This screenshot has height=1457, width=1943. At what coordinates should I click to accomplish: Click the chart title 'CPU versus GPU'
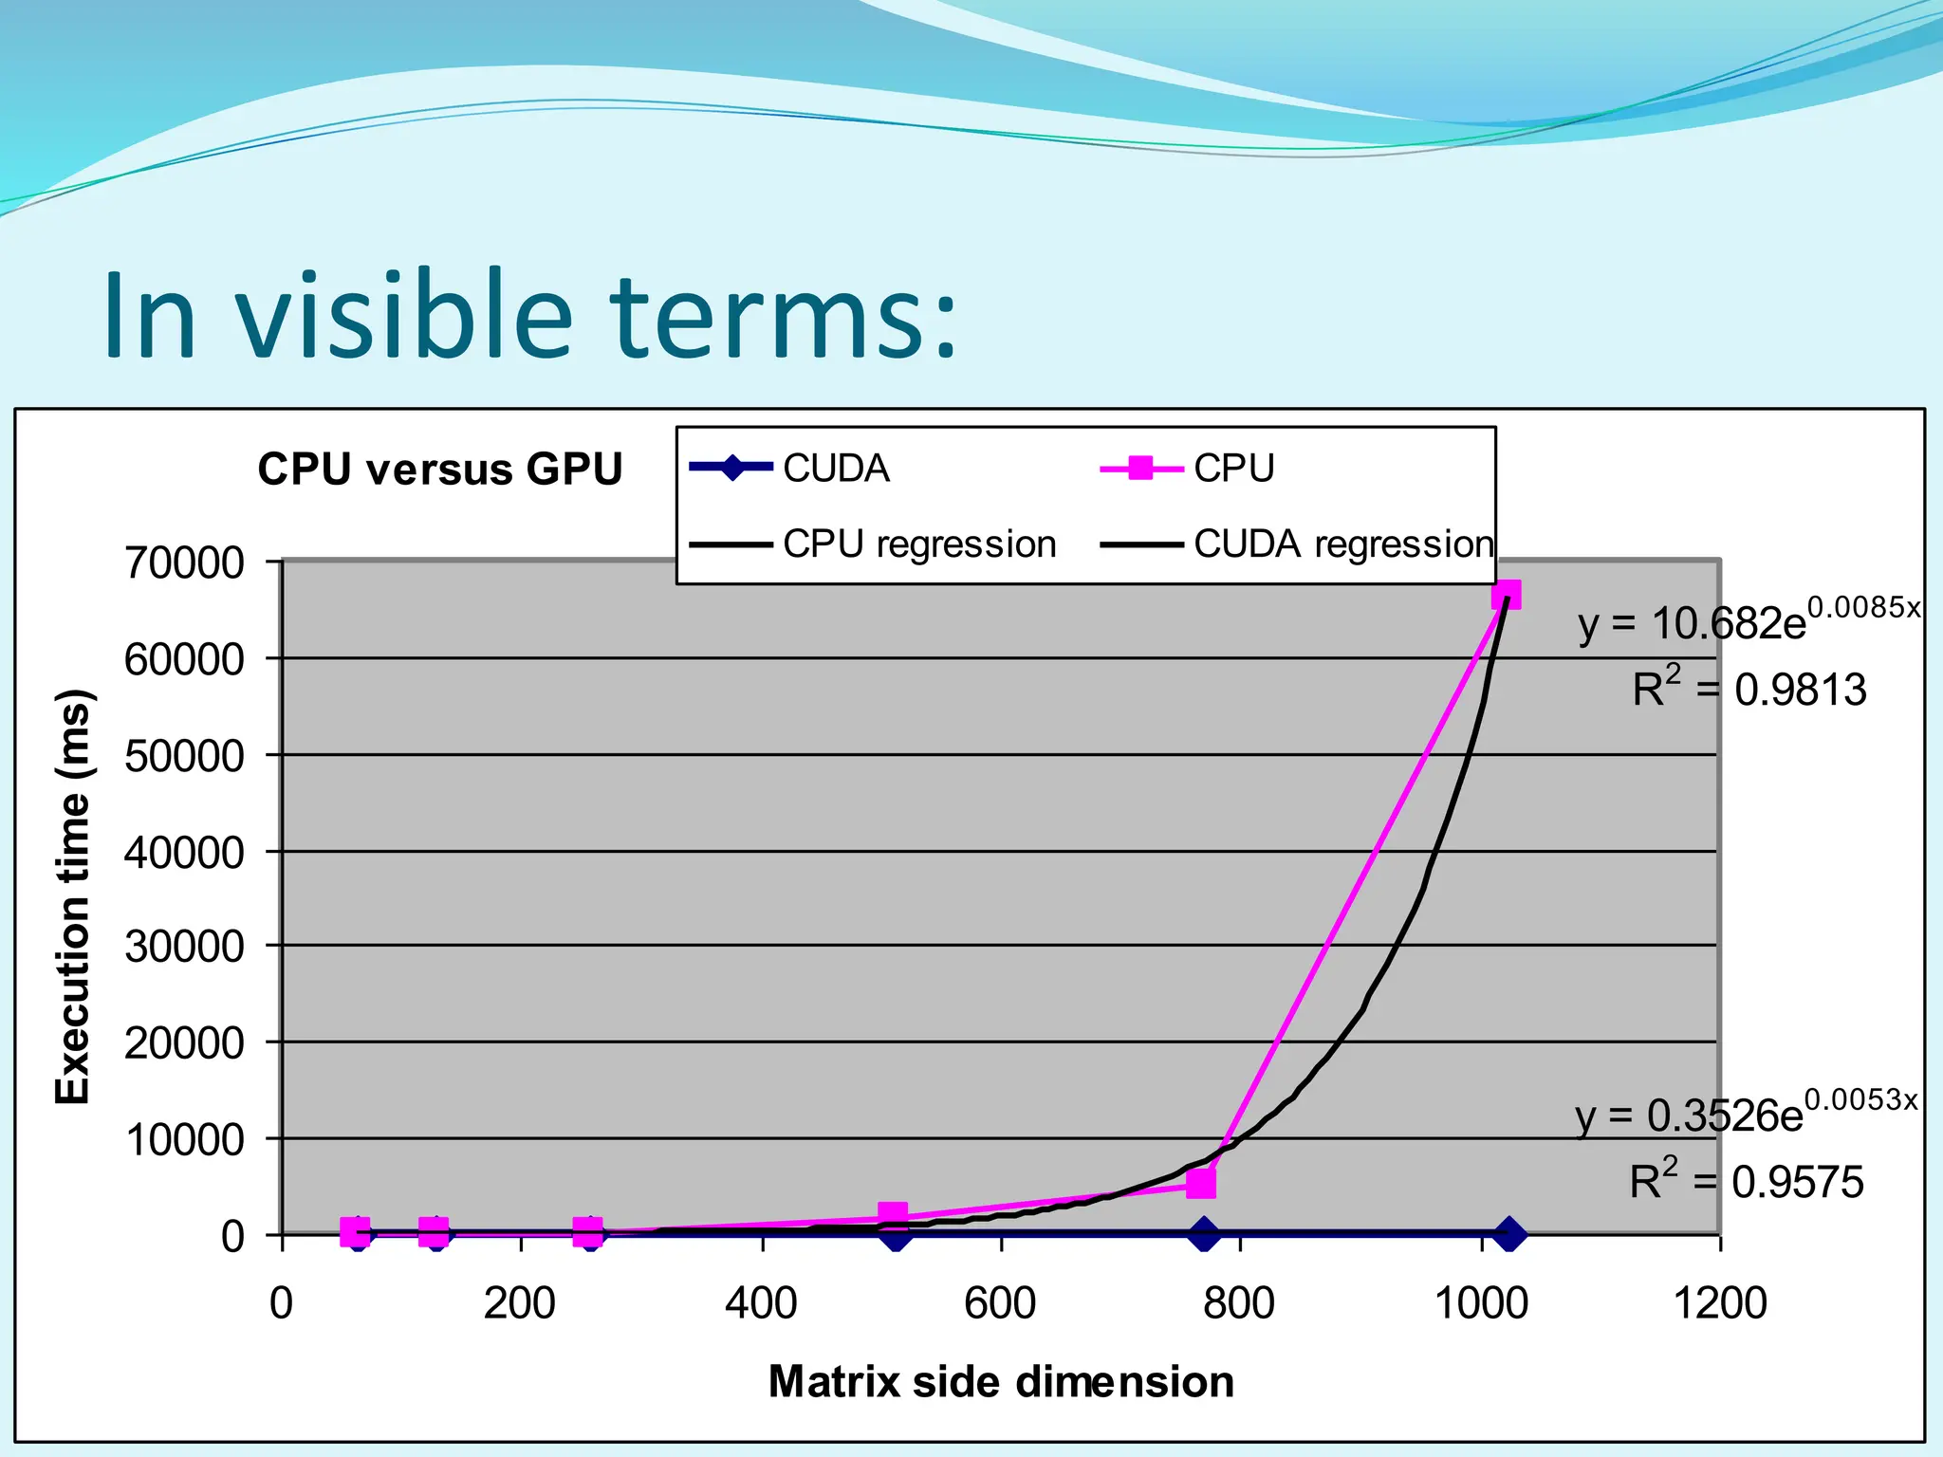(x=439, y=470)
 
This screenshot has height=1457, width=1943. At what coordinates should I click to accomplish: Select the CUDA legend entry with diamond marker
(x=790, y=468)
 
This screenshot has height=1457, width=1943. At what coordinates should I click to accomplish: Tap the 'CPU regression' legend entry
(x=874, y=544)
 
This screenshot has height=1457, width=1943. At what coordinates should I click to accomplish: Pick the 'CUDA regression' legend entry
(x=1296, y=544)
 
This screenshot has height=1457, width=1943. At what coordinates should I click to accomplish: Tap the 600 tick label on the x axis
(x=1000, y=1303)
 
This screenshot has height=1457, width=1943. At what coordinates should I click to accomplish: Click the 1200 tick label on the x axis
(x=1719, y=1303)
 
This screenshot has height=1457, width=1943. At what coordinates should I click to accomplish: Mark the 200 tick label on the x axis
(x=519, y=1303)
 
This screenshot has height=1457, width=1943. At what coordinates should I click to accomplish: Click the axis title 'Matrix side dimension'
(x=1001, y=1382)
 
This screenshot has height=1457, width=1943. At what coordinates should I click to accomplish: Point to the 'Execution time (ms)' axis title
(x=72, y=896)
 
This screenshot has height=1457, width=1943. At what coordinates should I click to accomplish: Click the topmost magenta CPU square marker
(x=1506, y=595)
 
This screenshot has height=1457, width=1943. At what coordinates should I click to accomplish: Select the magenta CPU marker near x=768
(x=1201, y=1183)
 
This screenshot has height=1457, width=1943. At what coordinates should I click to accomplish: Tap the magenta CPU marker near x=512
(x=892, y=1214)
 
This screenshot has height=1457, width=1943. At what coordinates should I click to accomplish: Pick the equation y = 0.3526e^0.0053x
(x=1746, y=1114)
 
